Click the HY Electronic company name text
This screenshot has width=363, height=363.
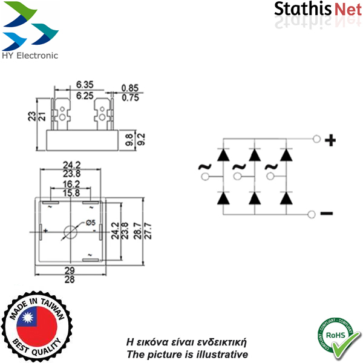tap(30, 55)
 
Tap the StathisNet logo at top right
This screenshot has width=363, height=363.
tap(317, 10)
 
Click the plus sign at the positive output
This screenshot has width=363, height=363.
tap(330, 141)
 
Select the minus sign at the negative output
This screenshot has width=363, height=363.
tap(326, 213)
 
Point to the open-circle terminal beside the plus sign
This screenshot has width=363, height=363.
tap(316, 140)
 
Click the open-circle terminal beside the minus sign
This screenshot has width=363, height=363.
tap(312, 213)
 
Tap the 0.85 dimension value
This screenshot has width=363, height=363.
tap(130, 88)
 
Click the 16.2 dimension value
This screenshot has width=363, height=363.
tap(71, 184)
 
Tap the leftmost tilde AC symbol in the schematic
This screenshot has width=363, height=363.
tap(203, 167)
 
